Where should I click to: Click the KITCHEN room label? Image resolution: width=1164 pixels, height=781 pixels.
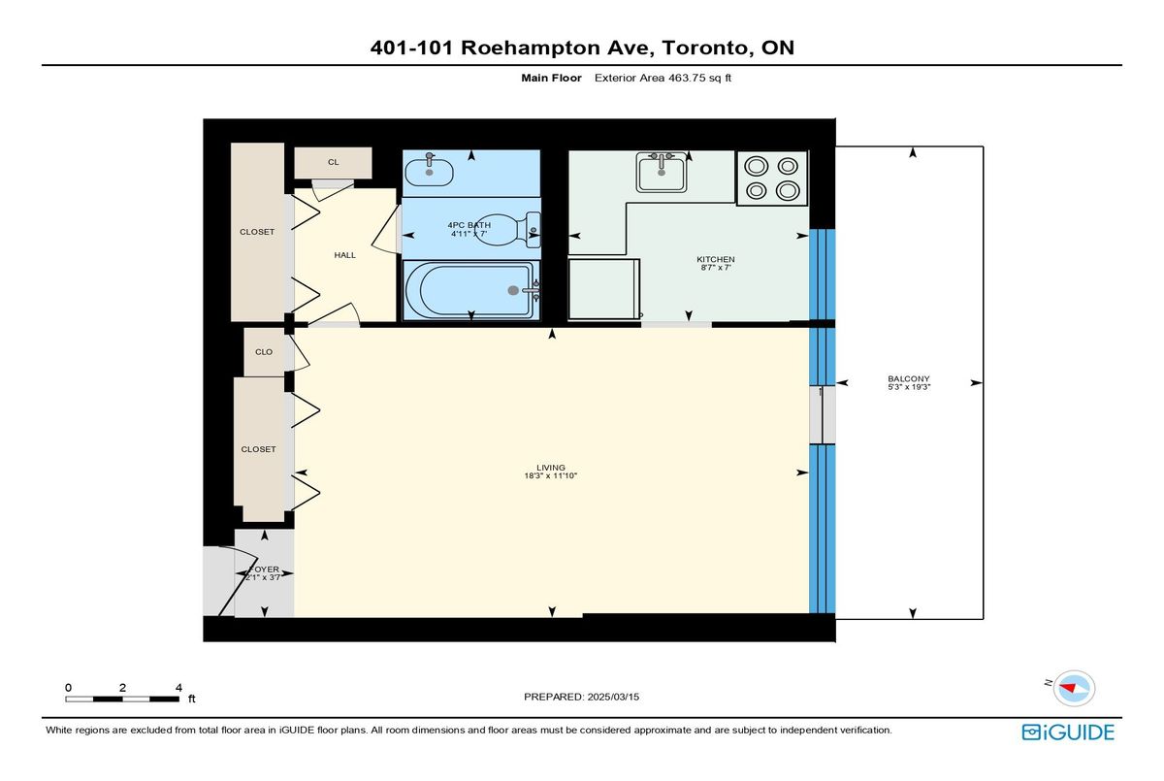click(x=716, y=259)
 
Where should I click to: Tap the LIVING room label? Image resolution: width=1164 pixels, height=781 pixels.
click(x=551, y=468)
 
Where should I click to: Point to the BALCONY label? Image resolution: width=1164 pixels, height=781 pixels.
click(x=909, y=378)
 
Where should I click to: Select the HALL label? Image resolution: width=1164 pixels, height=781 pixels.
click(x=345, y=255)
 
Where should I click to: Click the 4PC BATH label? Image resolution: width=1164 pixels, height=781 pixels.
click(x=469, y=225)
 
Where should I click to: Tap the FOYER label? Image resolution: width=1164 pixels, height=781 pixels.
click(x=265, y=569)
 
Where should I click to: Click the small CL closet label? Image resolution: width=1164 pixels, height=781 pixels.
click(x=333, y=162)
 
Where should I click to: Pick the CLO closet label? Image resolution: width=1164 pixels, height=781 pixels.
click(x=264, y=352)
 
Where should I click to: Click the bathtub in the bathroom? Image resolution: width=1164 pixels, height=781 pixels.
click(x=471, y=290)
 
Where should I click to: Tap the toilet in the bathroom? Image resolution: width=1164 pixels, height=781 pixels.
click(x=508, y=229)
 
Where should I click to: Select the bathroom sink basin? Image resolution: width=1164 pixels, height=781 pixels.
click(x=429, y=172)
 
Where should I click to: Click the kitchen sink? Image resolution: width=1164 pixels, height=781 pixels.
click(x=661, y=172)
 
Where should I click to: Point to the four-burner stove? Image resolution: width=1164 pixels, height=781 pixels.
click(x=772, y=179)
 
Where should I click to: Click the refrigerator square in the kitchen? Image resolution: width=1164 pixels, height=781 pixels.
click(x=603, y=289)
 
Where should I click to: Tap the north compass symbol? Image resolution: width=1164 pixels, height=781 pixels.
click(x=1074, y=688)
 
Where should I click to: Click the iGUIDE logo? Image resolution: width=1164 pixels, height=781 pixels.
click(x=1068, y=732)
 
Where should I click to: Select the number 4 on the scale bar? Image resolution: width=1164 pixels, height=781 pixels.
click(x=178, y=688)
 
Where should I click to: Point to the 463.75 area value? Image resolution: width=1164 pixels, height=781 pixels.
click(x=687, y=78)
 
